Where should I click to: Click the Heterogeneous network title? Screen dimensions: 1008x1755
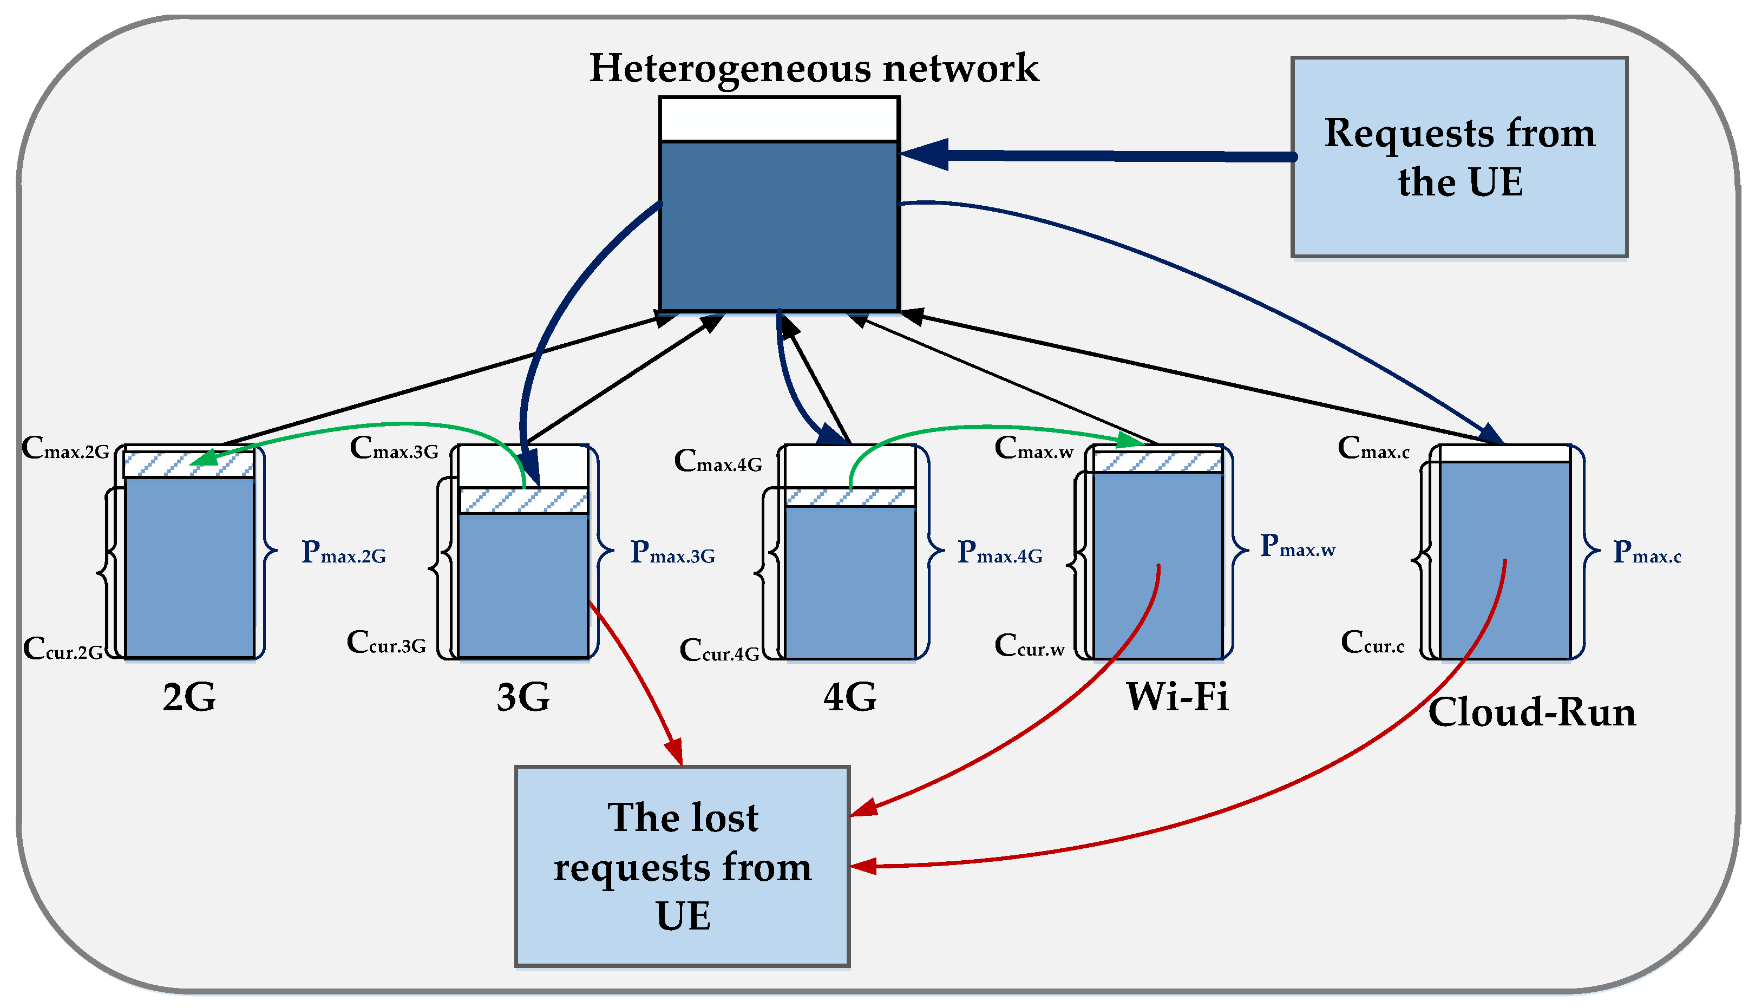click(x=814, y=69)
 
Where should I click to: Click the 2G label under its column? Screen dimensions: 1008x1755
click(x=189, y=697)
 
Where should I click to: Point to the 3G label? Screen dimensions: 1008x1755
click(x=523, y=697)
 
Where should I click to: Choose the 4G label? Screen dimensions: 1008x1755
click(x=849, y=697)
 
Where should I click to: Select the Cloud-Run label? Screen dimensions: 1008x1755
click(x=1531, y=712)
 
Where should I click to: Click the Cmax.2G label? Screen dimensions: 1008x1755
click(x=66, y=449)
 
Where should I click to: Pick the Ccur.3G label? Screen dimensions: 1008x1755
click(x=387, y=643)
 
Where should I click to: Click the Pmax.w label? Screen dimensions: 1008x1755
click(x=1296, y=546)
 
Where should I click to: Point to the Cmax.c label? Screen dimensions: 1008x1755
click(x=1373, y=449)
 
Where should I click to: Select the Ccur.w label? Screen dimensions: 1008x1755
click(x=1030, y=646)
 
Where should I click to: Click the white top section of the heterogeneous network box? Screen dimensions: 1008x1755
click(x=779, y=120)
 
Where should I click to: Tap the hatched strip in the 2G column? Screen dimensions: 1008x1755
click(x=189, y=464)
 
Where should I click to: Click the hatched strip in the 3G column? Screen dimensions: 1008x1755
click(x=523, y=501)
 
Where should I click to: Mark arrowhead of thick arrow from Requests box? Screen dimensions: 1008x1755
click(x=924, y=154)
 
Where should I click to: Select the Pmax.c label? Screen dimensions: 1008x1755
click(x=1646, y=553)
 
